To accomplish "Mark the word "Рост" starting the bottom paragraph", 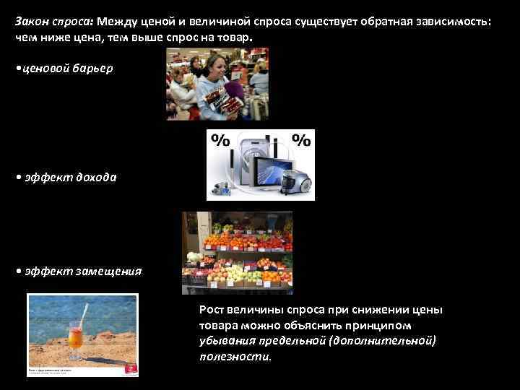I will click(x=212, y=310).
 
